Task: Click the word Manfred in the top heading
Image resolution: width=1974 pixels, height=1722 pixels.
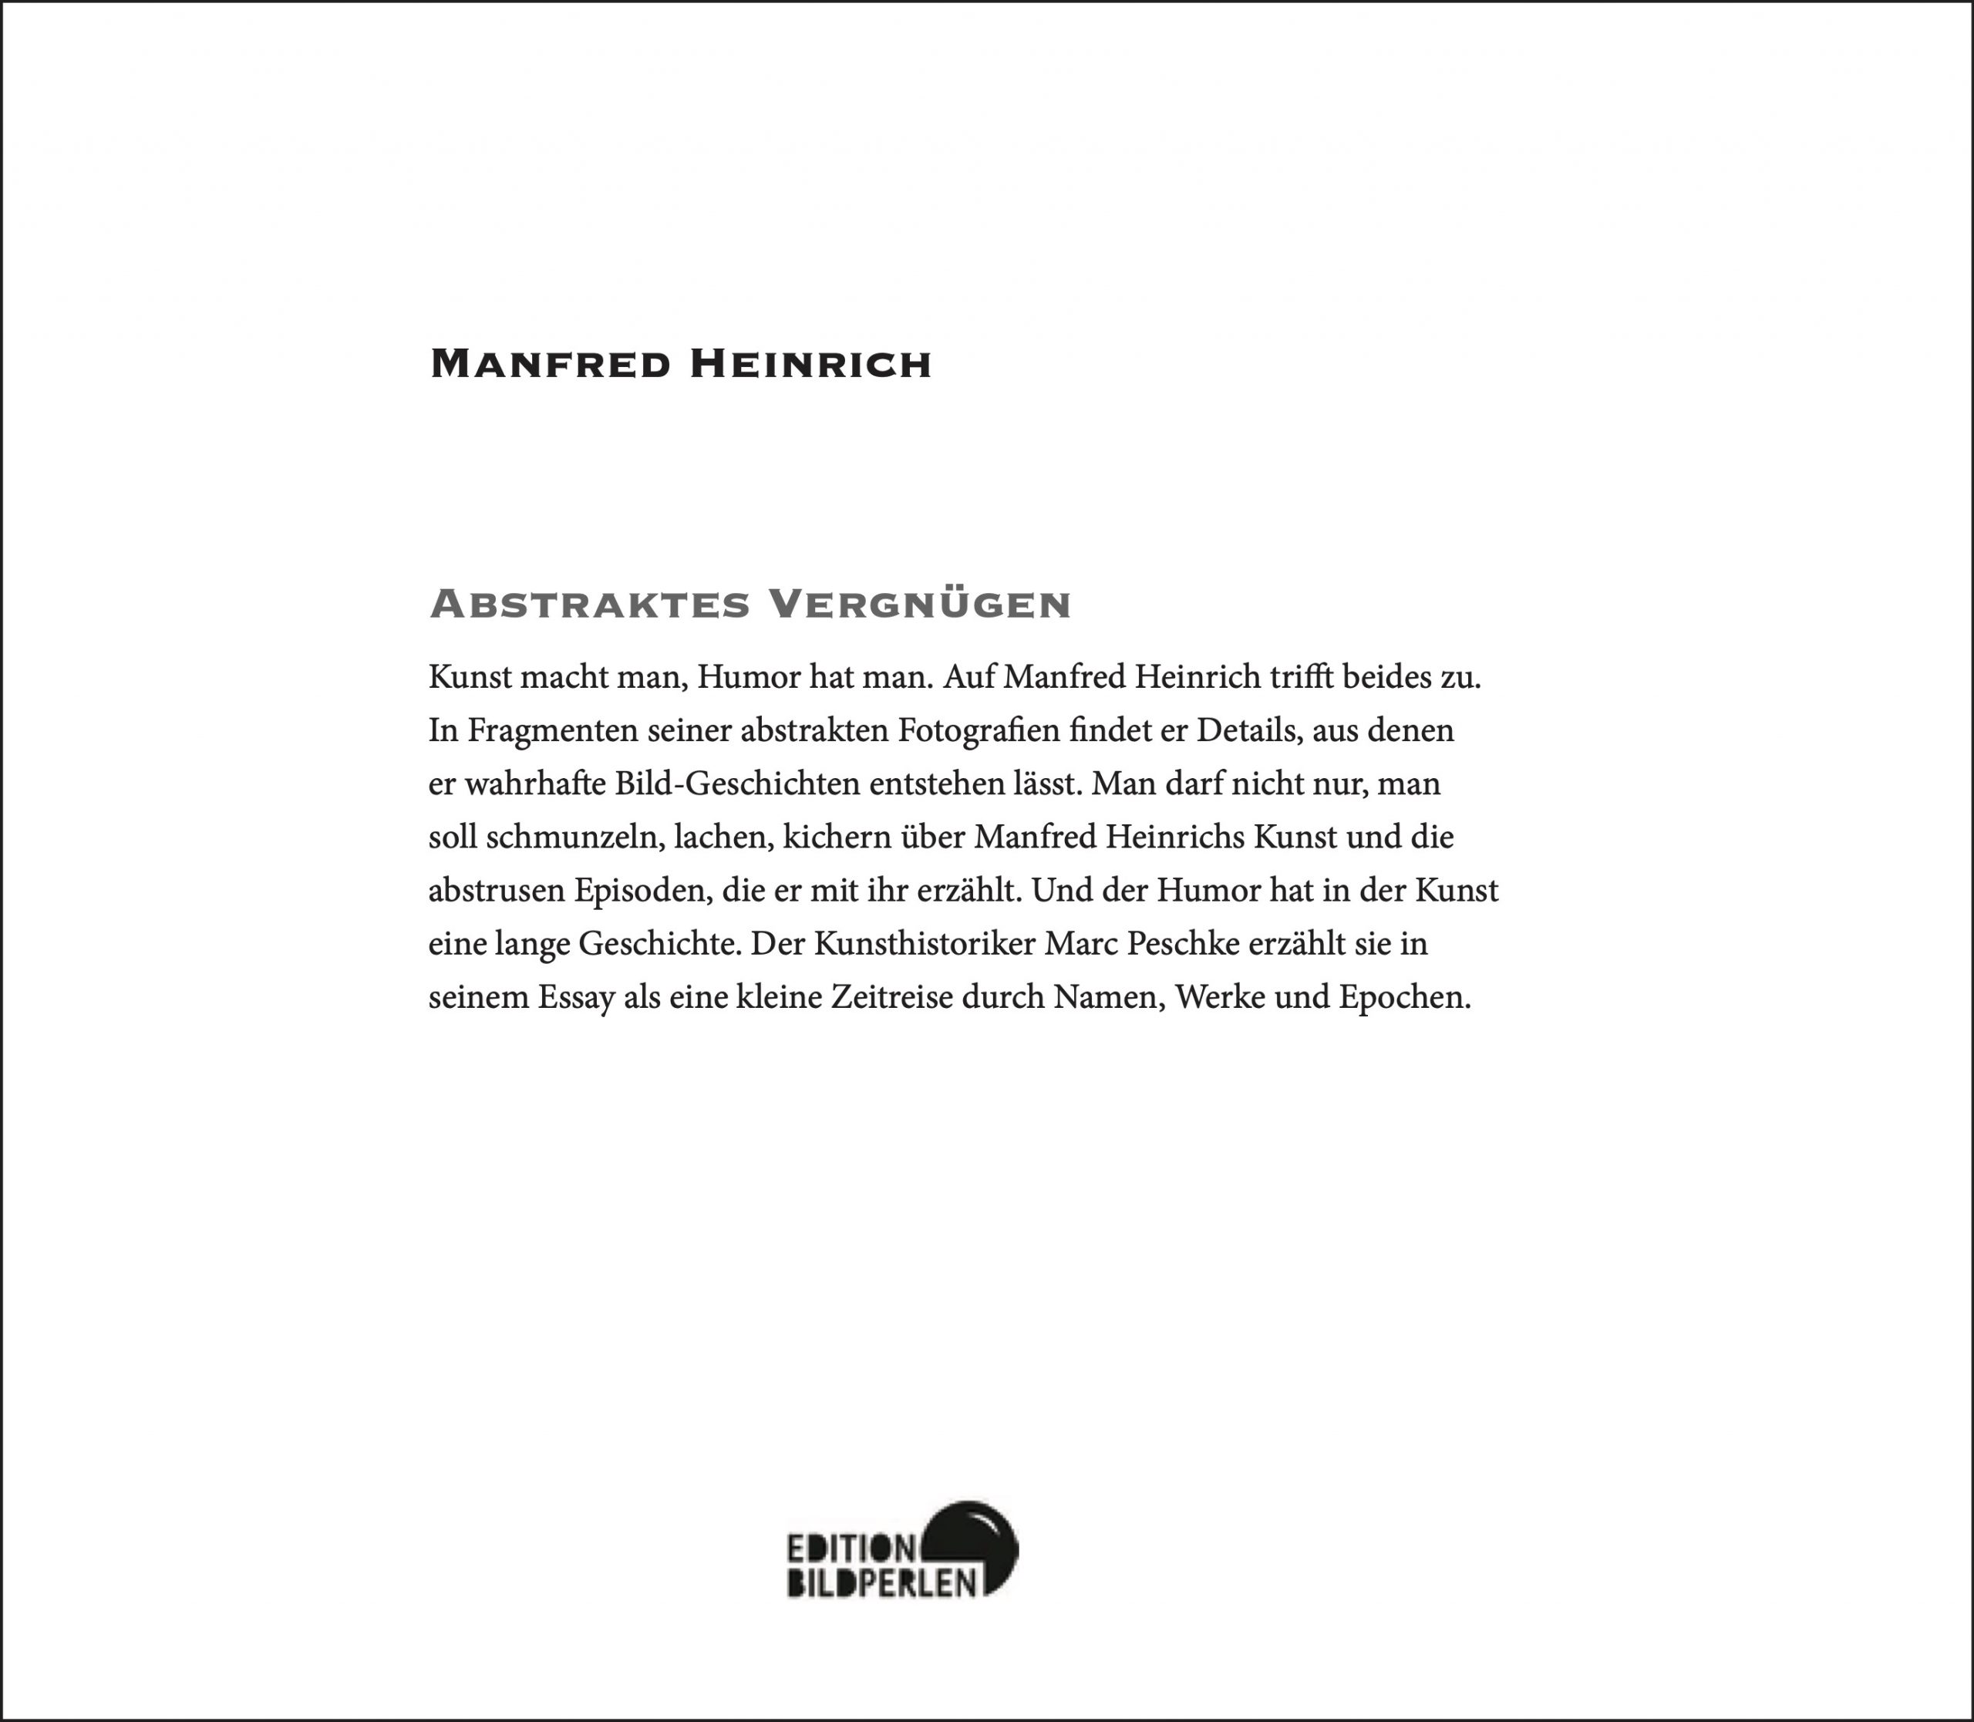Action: (550, 364)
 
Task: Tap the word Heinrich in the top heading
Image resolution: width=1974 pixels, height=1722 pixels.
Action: (811, 364)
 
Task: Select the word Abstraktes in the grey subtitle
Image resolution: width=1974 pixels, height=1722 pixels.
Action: (589, 605)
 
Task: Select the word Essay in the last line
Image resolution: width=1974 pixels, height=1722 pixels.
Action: (576, 997)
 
